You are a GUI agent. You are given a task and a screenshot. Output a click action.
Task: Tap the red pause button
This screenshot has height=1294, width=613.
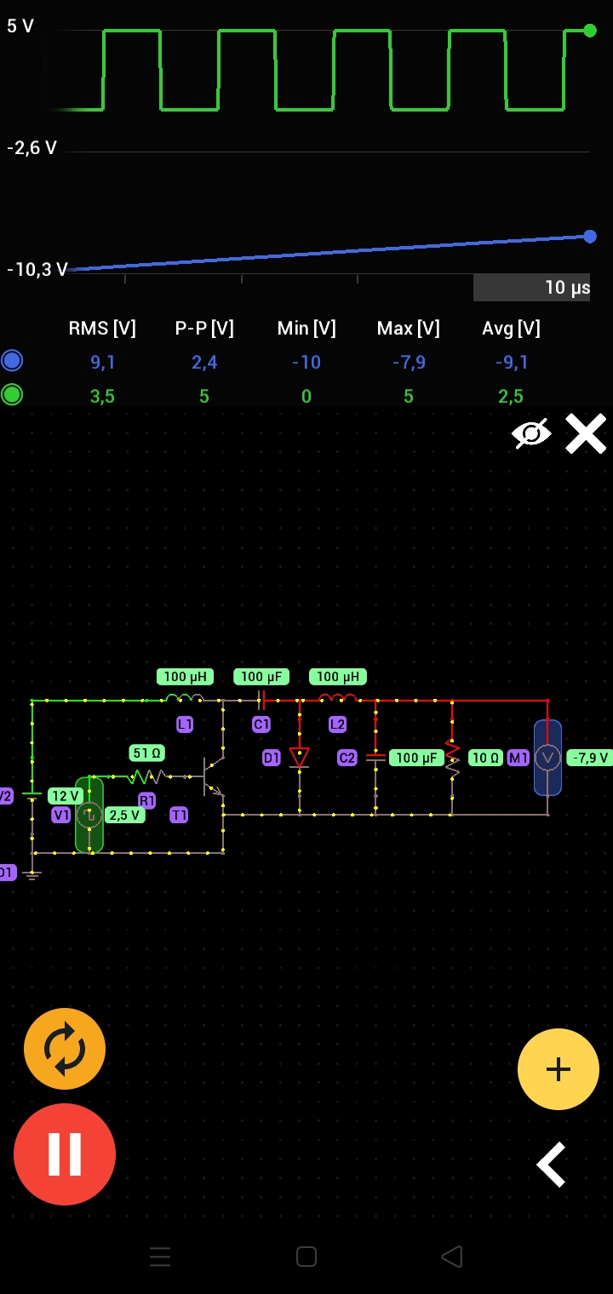click(65, 1154)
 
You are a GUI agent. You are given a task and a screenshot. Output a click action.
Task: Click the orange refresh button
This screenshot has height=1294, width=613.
click(65, 1049)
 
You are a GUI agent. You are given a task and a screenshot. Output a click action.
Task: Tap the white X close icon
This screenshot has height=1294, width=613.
click(586, 433)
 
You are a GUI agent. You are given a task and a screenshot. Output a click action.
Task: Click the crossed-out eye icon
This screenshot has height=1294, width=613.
click(531, 433)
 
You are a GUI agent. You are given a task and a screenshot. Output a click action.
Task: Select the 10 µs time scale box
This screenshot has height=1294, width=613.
click(531, 288)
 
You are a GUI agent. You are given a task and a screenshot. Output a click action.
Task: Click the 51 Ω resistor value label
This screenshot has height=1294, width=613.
click(147, 753)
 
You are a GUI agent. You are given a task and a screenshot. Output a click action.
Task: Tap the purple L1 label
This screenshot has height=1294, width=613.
click(185, 724)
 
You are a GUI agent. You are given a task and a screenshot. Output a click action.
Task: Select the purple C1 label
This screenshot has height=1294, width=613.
click(261, 724)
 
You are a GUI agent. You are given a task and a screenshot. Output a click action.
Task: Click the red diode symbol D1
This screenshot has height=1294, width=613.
click(299, 757)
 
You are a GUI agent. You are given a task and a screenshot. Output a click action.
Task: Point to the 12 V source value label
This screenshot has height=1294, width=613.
click(66, 796)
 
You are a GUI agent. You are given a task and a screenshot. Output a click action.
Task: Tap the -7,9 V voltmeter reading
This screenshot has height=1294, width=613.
click(590, 758)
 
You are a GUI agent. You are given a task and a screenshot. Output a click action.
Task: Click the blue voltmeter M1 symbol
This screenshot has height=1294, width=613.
click(547, 758)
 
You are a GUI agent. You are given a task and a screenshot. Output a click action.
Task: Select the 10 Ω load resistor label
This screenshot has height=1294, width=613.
click(485, 758)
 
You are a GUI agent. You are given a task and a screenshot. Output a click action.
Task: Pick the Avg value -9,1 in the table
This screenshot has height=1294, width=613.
click(512, 363)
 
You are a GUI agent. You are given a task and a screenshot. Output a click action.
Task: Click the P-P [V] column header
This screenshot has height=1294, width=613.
click(204, 329)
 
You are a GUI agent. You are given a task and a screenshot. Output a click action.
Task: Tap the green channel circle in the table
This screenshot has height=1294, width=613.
click(12, 395)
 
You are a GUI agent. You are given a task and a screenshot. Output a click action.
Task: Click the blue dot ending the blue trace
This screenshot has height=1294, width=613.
click(590, 237)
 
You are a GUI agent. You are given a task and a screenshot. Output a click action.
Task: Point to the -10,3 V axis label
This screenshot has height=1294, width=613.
click(37, 270)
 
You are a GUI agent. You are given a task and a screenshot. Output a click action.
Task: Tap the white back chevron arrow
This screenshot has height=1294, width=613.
click(552, 1165)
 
